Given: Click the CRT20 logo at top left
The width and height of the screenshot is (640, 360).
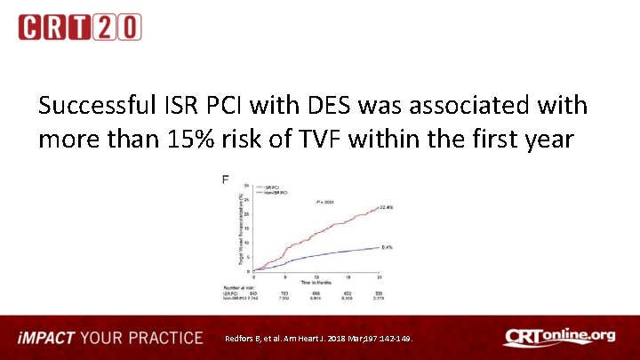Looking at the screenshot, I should pos(79,27).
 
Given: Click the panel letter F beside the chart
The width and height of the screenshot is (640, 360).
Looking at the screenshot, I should pos(226,180).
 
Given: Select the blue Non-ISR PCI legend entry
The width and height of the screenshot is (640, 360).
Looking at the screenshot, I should pos(278,192).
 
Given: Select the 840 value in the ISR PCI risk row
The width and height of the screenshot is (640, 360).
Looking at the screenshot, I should pos(254,292).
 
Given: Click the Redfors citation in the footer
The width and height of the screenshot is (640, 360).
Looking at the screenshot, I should pos(325,340).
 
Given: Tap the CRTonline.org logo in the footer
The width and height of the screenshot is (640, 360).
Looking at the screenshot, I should pos(559,338).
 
